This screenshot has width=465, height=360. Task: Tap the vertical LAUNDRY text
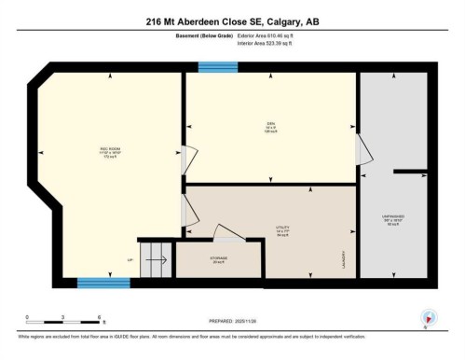point(344,256)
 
